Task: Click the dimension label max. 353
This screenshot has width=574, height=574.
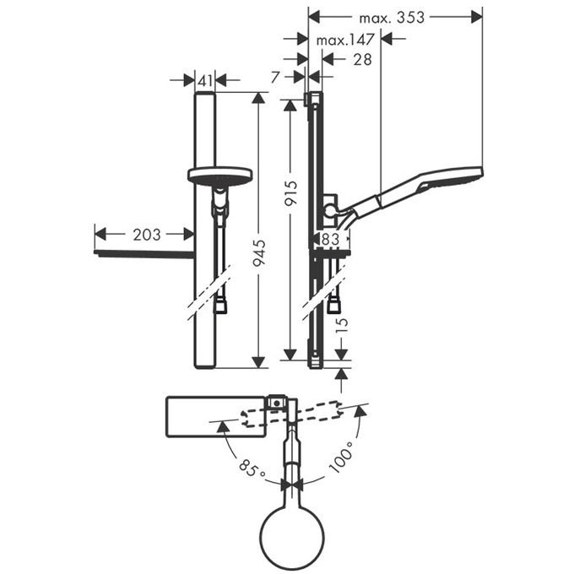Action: point(392,17)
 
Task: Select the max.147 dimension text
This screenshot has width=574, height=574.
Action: point(345,40)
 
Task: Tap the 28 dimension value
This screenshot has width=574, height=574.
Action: point(362,59)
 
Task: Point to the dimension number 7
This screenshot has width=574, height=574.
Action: point(275,78)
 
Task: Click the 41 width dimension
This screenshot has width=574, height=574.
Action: point(205,80)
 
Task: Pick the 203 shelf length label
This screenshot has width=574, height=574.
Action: point(146,235)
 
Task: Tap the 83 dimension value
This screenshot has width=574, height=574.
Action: point(330,240)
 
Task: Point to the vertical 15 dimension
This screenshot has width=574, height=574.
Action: point(341,327)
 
